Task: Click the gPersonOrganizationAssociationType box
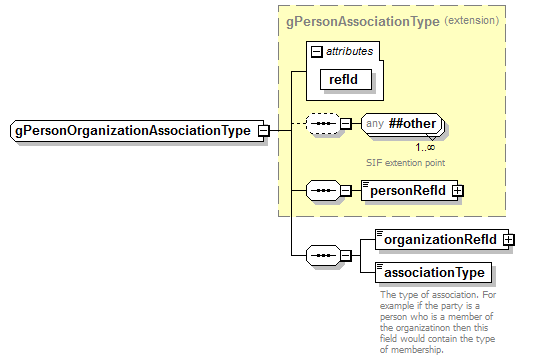(130, 130)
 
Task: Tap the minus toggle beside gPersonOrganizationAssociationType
(262, 130)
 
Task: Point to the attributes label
(348, 50)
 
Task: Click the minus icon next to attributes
(317, 50)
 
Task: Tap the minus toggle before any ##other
(345, 125)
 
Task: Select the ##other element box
(399, 125)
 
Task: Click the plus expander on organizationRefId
(508, 239)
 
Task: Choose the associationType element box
(430, 272)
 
